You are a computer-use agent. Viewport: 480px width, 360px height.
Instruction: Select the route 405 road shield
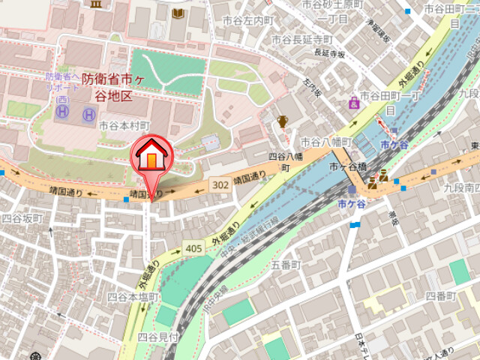193,247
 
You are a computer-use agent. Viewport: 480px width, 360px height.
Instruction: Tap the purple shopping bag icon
353,103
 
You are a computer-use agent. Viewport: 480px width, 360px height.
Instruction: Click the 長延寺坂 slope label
329,54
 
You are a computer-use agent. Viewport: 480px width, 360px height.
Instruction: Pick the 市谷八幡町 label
325,141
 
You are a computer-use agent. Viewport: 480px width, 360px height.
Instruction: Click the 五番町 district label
285,265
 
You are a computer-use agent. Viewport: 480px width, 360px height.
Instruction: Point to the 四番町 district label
440,295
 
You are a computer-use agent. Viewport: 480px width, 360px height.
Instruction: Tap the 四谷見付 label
158,337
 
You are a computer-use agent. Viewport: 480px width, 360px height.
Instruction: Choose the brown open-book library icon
177,13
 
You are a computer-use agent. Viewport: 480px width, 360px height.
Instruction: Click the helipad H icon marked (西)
63,114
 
